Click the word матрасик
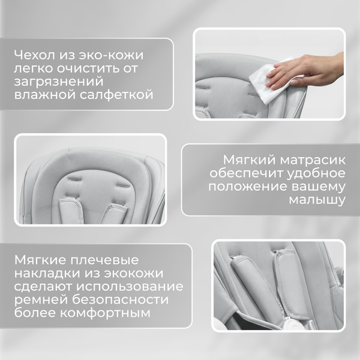tap(309, 161)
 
